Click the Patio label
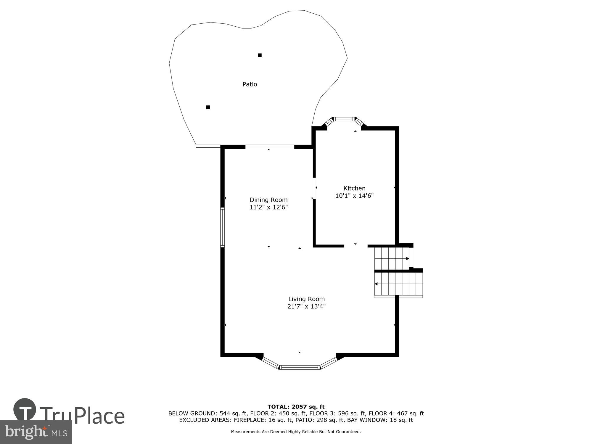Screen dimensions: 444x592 [250, 84]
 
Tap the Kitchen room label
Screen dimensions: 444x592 [354, 188]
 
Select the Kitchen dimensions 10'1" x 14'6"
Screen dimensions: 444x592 [354, 196]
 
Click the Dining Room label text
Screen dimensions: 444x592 [268, 200]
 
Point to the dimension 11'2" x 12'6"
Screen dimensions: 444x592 [268, 207]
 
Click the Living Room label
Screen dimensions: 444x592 [306, 299]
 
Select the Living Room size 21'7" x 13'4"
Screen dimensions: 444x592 [306, 306]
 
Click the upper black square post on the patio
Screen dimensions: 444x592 [260, 55]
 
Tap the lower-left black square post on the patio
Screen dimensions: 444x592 [208, 107]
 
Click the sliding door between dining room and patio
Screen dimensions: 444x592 [270, 147]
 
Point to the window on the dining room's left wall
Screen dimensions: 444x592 [222, 227]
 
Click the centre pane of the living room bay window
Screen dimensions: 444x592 [300, 367]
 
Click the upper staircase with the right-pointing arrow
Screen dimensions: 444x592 [392, 258]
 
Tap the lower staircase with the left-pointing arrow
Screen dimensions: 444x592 [398, 284]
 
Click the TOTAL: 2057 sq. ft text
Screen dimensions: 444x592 [296, 407]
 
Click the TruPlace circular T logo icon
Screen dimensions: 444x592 [25, 410]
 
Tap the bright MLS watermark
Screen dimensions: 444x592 [36, 432]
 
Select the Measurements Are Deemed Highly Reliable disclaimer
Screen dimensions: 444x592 [296, 432]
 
